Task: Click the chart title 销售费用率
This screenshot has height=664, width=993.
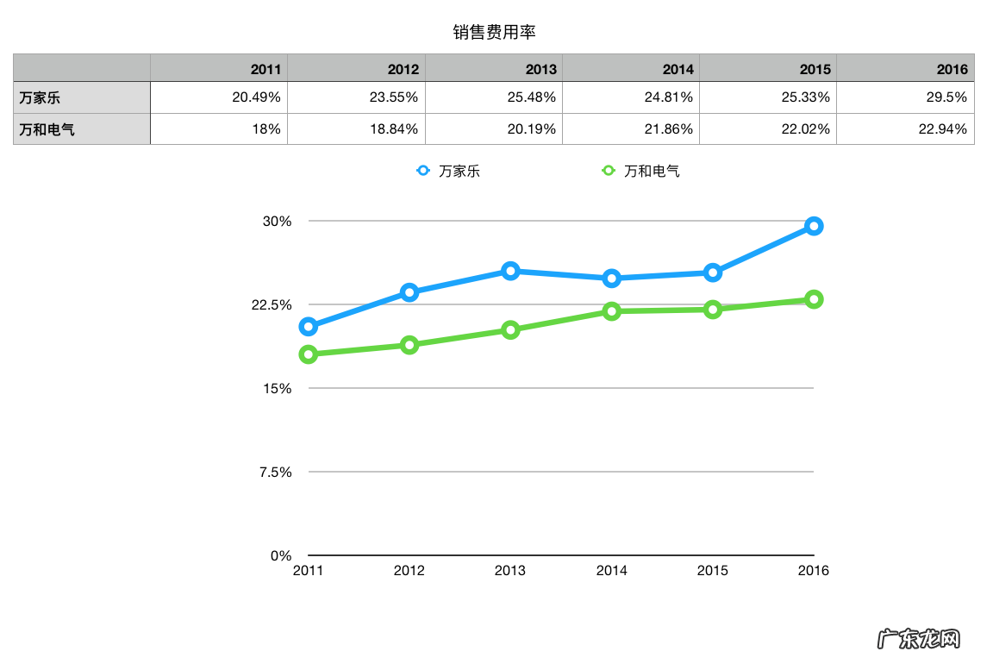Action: pyautogui.click(x=495, y=33)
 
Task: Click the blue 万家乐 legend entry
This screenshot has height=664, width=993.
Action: pyautogui.click(x=448, y=171)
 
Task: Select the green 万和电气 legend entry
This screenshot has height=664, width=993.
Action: pyautogui.click(x=640, y=171)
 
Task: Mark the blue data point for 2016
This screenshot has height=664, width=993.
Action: pyautogui.click(x=813, y=226)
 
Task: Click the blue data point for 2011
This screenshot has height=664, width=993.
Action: pyautogui.click(x=309, y=326)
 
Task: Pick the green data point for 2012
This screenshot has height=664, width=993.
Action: pyautogui.click(x=409, y=345)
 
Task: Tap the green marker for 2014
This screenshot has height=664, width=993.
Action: pyautogui.click(x=611, y=311)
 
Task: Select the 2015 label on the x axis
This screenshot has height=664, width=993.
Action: pyautogui.click(x=712, y=571)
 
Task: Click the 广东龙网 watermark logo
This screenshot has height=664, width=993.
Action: pyautogui.click(x=918, y=639)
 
